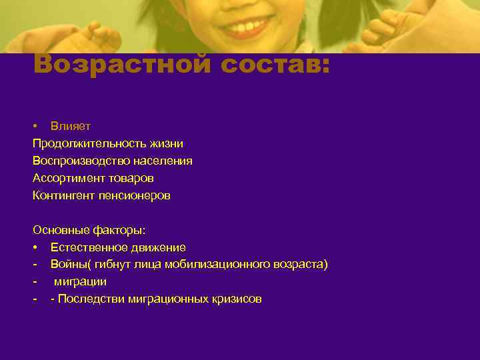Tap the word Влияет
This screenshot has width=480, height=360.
pyautogui.click(x=71, y=125)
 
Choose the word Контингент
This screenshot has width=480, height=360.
pyautogui.click(x=63, y=195)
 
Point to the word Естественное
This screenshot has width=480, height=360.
pyautogui.click(x=84, y=247)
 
